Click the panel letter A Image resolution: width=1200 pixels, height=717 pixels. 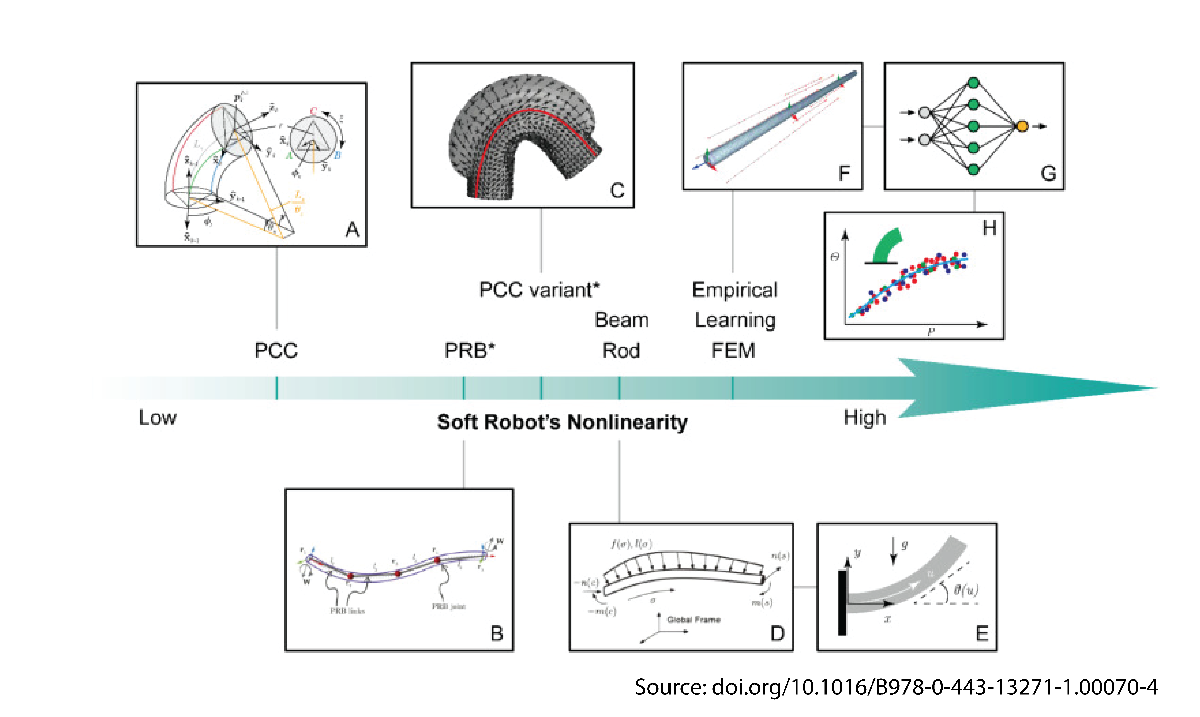(352, 230)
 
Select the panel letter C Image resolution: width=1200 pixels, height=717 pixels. (617, 190)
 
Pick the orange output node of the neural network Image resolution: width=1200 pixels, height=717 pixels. (1022, 126)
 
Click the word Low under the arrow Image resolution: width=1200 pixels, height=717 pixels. (157, 417)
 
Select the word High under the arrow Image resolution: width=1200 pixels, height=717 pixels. (865, 417)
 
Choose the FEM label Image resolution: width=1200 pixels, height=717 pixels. (733, 351)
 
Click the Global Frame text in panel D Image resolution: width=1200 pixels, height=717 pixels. (694, 619)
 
